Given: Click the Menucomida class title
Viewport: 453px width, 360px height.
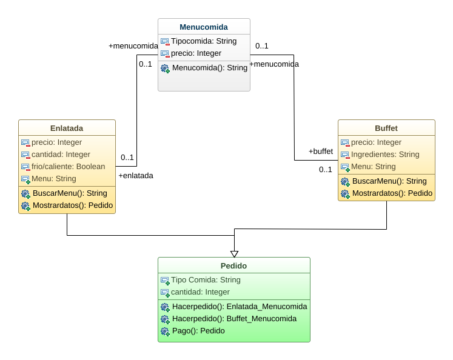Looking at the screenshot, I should tap(204, 27).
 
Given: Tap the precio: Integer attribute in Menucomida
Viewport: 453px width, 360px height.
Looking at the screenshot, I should tap(196, 53).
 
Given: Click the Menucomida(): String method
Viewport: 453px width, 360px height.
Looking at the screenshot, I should tap(209, 68).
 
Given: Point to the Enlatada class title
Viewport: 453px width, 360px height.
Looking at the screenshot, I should tap(67, 128).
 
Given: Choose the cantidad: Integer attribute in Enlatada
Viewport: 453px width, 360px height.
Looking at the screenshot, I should tap(61, 155).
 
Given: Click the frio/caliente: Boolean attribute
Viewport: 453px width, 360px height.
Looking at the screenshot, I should tap(68, 167).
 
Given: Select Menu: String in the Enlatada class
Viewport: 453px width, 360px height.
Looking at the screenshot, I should tap(54, 179).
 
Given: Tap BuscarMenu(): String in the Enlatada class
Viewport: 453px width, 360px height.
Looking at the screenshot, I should tap(70, 193).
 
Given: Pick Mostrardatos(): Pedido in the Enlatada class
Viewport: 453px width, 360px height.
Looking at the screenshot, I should tap(72, 205).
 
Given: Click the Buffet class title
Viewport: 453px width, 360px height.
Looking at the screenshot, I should tap(386, 128).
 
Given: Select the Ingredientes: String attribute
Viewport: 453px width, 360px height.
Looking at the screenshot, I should tap(385, 155).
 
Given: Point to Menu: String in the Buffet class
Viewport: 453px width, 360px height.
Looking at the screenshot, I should tap(374, 167).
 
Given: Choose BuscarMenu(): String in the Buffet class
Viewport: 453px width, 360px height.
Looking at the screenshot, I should tap(389, 181).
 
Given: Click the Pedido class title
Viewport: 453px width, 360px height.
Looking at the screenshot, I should tap(233, 265).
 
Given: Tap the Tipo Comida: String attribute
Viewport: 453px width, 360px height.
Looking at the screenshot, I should tap(206, 280).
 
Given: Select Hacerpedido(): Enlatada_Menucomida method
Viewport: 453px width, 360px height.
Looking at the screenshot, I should tap(239, 307).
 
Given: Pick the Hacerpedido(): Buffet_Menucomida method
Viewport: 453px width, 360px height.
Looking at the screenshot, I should tap(234, 319).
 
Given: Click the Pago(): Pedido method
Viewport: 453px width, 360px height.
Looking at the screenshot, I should tap(198, 331).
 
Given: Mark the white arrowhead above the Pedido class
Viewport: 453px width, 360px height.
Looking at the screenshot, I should tap(234, 254).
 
